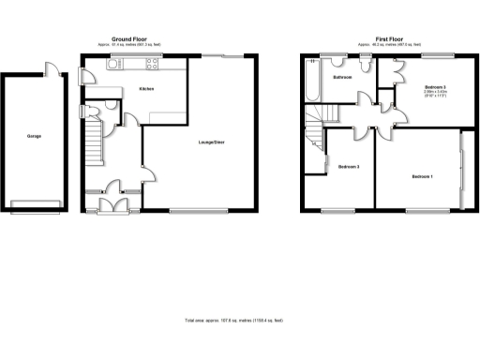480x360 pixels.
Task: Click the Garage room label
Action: (34, 137)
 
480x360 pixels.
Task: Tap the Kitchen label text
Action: (146, 89)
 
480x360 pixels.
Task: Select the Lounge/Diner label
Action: (211, 142)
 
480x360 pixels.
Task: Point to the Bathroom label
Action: (341, 78)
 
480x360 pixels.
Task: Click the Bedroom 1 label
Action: (422, 176)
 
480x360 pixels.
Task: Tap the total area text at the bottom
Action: (234, 320)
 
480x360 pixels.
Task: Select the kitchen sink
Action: (124, 65)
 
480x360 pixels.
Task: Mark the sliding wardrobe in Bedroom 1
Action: (462, 172)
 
